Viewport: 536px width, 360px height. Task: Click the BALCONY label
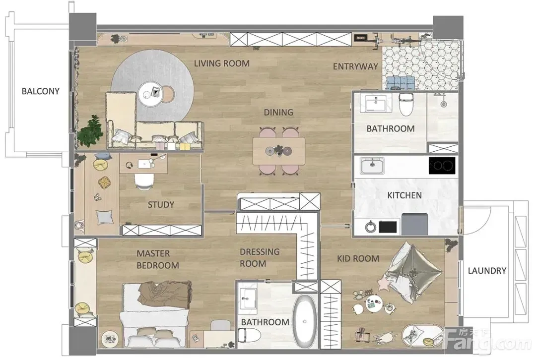pos(40,91)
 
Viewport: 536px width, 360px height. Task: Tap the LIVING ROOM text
pos(222,63)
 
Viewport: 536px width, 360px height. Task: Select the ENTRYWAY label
pos(355,66)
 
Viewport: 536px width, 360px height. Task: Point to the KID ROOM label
pos(358,258)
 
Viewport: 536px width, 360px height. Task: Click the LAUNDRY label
pos(487,271)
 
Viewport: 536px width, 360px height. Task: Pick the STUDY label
pos(161,205)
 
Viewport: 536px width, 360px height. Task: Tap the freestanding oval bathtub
pos(305,321)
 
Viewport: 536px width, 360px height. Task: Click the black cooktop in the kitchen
pos(442,166)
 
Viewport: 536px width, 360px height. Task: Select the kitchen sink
pos(372,166)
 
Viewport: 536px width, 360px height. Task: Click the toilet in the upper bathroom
pos(406,103)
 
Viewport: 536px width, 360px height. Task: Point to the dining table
pos(278,151)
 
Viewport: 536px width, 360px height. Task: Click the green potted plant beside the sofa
pos(90,130)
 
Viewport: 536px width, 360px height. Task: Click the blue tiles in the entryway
pos(401,82)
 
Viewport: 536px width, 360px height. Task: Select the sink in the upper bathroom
pos(376,103)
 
